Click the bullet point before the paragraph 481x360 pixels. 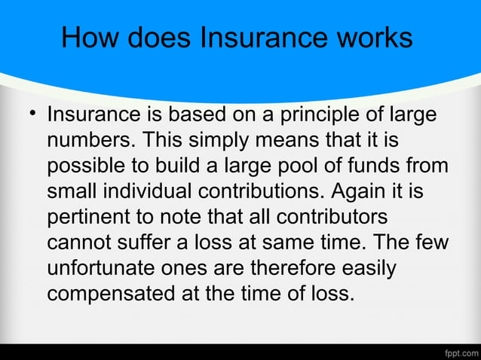coord(32,115)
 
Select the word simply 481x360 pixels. coord(220,141)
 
